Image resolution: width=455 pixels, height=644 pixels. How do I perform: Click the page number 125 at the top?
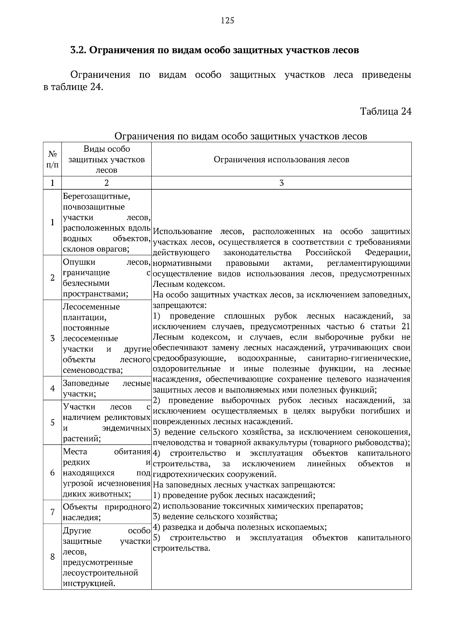pyautogui.click(x=227, y=21)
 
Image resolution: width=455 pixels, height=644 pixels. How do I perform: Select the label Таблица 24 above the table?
pyautogui.click(x=386, y=112)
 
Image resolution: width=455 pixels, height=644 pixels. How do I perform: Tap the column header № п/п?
pyautogui.click(x=52, y=160)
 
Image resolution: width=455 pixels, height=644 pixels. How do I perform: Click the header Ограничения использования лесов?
pyautogui.click(x=281, y=160)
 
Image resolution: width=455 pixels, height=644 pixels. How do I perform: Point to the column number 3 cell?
pyautogui.click(x=281, y=183)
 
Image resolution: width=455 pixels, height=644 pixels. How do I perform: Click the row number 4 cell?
pyautogui.click(x=52, y=388)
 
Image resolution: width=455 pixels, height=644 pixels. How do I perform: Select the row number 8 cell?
pyautogui.click(x=52, y=557)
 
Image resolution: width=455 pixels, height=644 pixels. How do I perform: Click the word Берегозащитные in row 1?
pyautogui.click(x=96, y=196)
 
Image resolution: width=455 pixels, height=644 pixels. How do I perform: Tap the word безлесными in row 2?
pyautogui.click(x=86, y=283)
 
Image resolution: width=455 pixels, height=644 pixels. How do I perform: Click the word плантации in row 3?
pyautogui.click(x=84, y=317)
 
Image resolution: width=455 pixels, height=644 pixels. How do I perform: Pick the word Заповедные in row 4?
pyautogui.click(x=86, y=383)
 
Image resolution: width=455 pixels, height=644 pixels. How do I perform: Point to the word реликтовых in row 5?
pyautogui.click(x=129, y=418)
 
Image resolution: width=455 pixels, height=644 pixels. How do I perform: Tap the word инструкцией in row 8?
pyautogui.click(x=89, y=583)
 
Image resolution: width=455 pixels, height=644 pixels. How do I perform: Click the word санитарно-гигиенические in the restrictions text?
pyautogui.click(x=359, y=358)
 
